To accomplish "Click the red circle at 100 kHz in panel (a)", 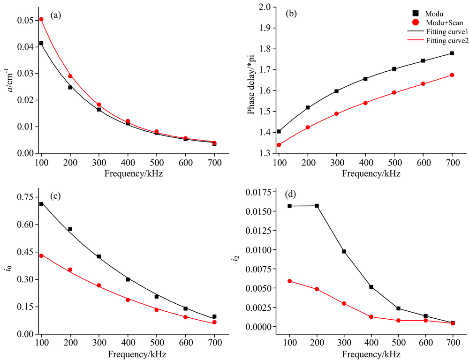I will point(41,19).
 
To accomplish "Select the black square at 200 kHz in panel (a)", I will point(70,87).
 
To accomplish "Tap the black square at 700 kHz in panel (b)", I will point(452,53).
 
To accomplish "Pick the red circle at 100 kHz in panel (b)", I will point(279,145).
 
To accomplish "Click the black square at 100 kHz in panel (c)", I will point(41,204).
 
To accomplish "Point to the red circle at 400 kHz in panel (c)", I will point(128,300).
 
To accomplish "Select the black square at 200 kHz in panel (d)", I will point(317,206).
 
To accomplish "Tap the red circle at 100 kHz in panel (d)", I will point(290,281).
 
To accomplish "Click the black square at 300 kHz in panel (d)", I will point(344,251).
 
